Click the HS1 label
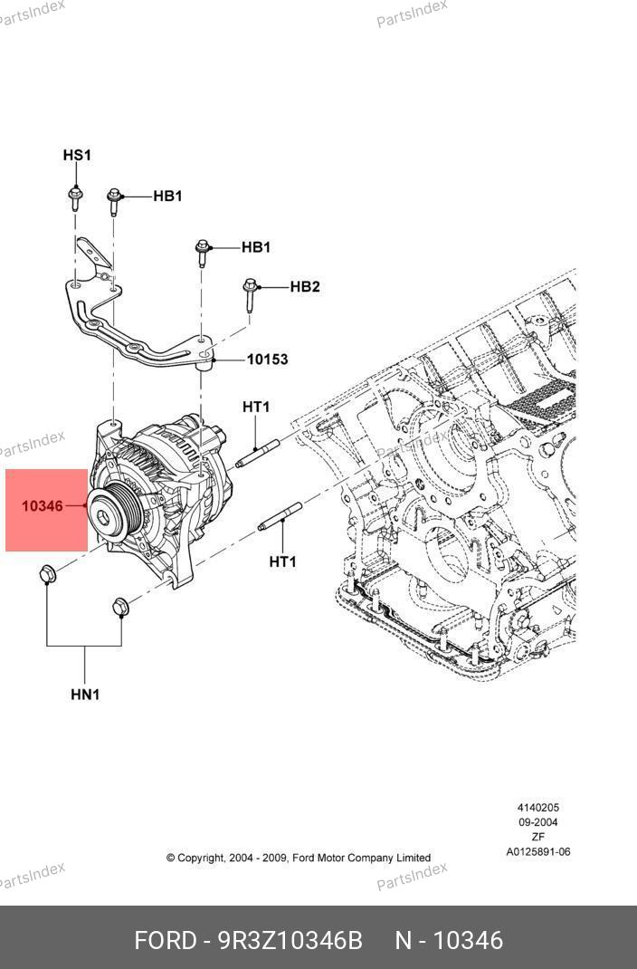(x=77, y=155)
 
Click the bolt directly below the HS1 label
(x=73, y=196)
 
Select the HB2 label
(x=305, y=287)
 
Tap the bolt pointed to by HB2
(x=249, y=294)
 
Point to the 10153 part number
(x=267, y=360)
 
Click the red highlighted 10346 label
(x=43, y=506)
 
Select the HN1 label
(x=85, y=695)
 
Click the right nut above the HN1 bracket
(x=119, y=606)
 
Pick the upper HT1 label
(x=256, y=408)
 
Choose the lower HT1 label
(x=282, y=562)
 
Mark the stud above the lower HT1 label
(x=280, y=517)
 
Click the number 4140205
(x=537, y=808)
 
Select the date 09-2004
(x=537, y=822)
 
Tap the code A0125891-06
(x=537, y=851)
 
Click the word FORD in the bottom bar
(x=166, y=941)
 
